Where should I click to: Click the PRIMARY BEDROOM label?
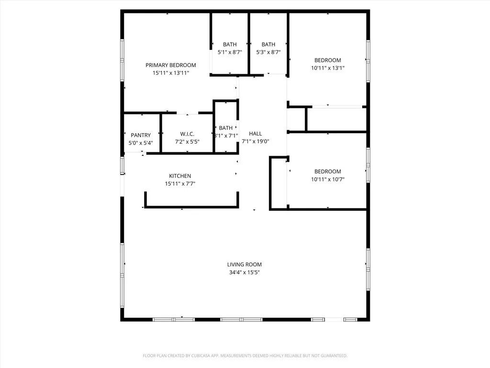tap(171, 65)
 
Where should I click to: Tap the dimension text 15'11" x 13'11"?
tap(171, 73)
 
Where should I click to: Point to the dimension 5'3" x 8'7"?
tap(268, 52)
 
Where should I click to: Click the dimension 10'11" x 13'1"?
tap(328, 68)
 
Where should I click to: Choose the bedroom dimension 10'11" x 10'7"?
tap(328, 180)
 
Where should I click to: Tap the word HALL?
tap(256, 134)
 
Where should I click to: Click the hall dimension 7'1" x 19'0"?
tap(256, 141)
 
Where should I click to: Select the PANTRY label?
tap(141, 135)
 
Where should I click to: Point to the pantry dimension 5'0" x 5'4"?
tap(141, 143)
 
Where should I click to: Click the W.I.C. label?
tap(187, 134)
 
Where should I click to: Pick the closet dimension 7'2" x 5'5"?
tap(187, 141)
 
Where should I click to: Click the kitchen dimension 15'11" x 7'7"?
tap(180, 184)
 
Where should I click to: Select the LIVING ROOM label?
tap(244, 264)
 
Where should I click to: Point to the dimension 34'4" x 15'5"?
tap(244, 272)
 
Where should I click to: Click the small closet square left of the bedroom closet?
tap(296, 119)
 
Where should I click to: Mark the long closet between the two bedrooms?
tap(336, 119)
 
